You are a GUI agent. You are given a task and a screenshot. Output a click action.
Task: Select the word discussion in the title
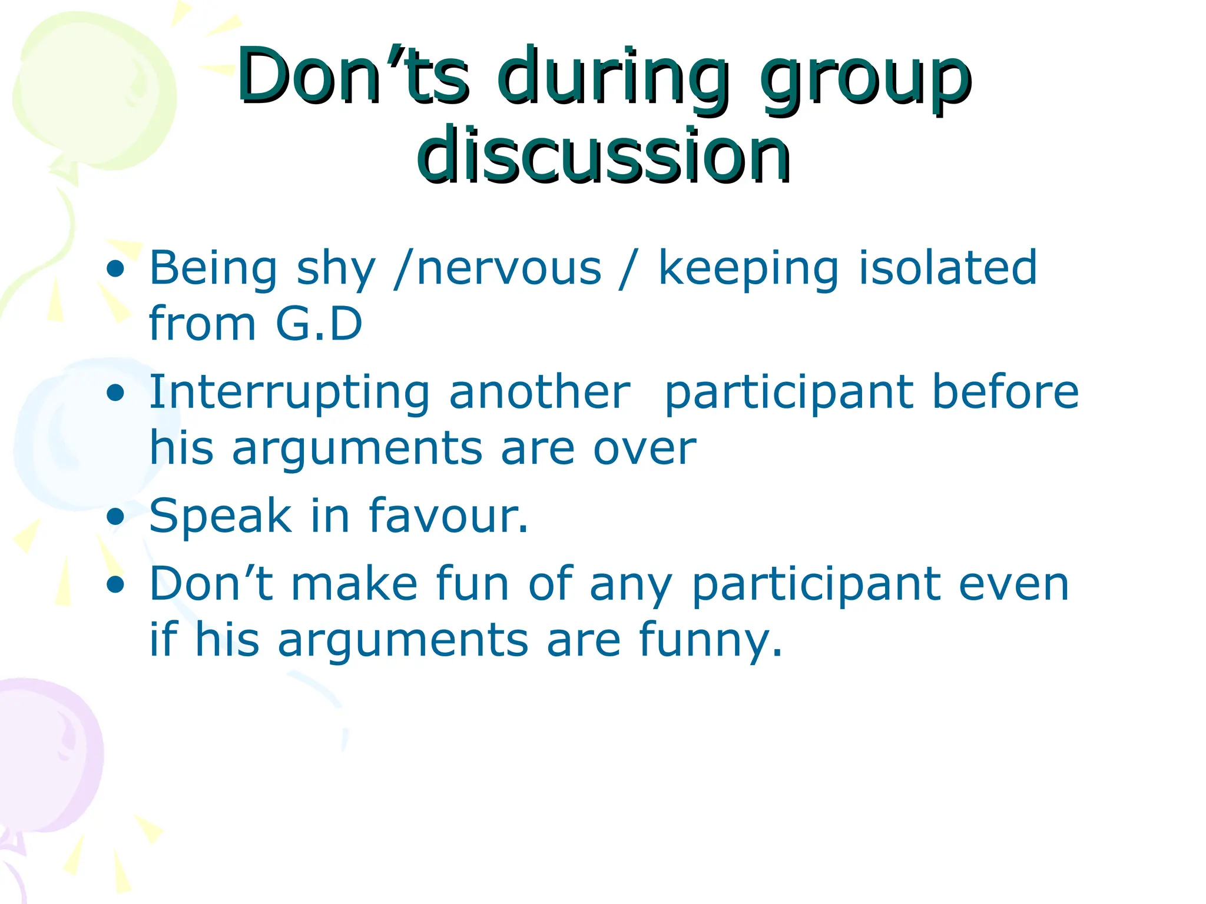(x=603, y=155)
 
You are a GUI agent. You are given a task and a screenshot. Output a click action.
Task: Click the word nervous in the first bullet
(x=509, y=268)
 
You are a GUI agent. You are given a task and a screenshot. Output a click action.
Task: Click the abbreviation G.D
(x=318, y=324)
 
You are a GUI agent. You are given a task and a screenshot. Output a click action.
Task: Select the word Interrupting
(x=289, y=393)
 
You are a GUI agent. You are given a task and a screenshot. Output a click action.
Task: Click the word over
(x=644, y=448)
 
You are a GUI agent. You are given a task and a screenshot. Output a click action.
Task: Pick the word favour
(x=448, y=516)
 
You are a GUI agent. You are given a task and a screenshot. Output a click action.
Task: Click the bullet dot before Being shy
(x=116, y=270)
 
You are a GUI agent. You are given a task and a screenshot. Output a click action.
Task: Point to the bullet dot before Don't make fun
(x=116, y=585)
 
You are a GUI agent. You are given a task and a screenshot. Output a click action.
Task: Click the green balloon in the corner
(x=88, y=88)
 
